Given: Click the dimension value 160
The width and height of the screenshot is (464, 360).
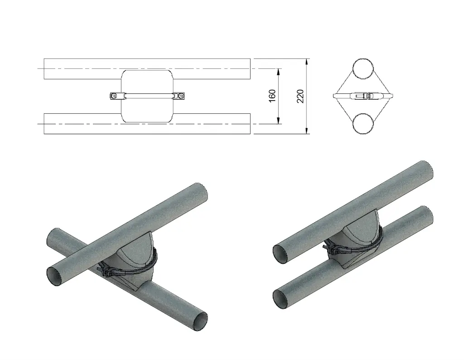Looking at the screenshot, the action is pyautogui.click(x=272, y=96).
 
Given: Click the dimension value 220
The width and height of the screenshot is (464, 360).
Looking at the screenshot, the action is pyautogui.click(x=300, y=96).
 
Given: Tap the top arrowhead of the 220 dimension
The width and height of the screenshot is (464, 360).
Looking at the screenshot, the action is pyautogui.click(x=308, y=62).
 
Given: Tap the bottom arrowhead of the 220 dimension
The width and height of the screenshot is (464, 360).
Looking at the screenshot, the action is pyautogui.click(x=308, y=131).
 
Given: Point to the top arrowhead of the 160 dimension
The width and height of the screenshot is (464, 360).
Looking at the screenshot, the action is pyautogui.click(x=279, y=72).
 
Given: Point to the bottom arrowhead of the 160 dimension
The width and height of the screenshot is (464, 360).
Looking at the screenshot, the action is pyautogui.click(x=279, y=121).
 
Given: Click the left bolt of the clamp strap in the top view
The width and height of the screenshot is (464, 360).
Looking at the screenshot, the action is pyautogui.click(x=114, y=96).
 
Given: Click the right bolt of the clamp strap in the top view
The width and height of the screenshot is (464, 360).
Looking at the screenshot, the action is pyautogui.click(x=180, y=96).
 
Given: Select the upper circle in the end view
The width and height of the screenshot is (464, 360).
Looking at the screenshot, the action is pyautogui.click(x=363, y=68).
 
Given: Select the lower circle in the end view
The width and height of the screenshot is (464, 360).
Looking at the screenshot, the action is pyautogui.click(x=363, y=123).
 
